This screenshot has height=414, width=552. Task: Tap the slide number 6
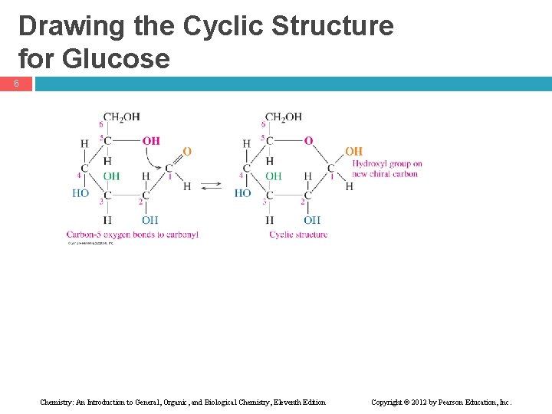[15, 84]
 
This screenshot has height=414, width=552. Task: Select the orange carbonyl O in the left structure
[187, 151]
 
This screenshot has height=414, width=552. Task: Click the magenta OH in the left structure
[151, 140]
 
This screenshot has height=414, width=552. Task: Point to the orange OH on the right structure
[353, 151]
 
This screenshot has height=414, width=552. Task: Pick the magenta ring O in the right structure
[308, 140]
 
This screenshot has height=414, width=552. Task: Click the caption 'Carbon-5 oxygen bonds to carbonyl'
[132, 235]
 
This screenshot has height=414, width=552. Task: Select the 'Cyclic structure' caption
[298, 235]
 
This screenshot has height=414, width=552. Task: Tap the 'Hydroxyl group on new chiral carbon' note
[386, 169]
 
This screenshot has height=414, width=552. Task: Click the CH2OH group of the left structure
[122, 117]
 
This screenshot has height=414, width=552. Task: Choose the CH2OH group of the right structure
[284, 117]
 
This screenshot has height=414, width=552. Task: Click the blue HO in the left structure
[80, 193]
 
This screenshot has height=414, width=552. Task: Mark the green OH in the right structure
[273, 176]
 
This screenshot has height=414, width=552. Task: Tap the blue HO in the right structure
[242, 193]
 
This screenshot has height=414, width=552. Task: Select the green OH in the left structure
[111, 176]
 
